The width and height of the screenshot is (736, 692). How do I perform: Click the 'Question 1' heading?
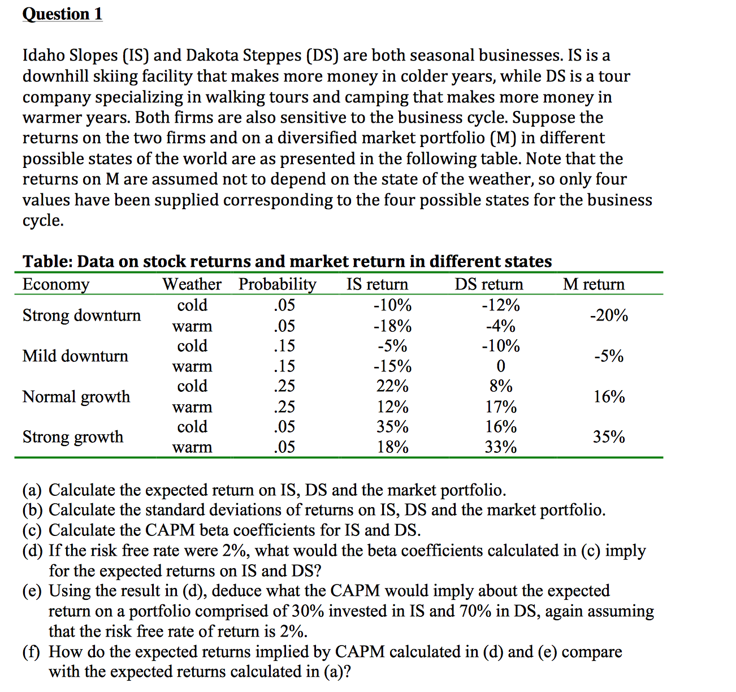click(62, 14)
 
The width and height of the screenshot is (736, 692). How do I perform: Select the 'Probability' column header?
click(277, 284)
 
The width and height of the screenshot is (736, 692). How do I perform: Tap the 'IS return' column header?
click(377, 284)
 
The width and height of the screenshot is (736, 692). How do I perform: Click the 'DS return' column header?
click(489, 284)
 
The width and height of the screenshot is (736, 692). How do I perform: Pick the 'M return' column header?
click(594, 284)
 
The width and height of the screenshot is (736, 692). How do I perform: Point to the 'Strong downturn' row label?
click(81, 315)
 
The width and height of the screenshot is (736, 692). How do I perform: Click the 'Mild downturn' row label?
click(75, 356)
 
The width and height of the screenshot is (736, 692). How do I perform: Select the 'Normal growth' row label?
click(76, 396)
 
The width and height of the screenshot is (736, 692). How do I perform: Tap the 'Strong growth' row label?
click(72, 436)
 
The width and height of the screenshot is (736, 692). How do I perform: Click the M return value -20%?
click(609, 315)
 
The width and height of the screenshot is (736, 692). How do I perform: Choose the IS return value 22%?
click(392, 386)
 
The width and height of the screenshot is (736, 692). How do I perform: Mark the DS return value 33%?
click(501, 447)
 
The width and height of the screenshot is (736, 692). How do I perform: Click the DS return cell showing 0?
click(501, 366)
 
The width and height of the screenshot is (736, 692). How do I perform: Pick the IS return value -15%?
click(392, 366)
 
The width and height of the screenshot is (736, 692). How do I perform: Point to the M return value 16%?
click(609, 396)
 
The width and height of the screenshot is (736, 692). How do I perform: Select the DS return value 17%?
click(501, 407)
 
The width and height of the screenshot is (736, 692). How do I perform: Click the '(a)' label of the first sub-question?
click(32, 490)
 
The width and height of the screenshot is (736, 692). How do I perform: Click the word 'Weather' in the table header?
click(192, 284)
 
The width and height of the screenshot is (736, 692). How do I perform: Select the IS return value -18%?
click(392, 326)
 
